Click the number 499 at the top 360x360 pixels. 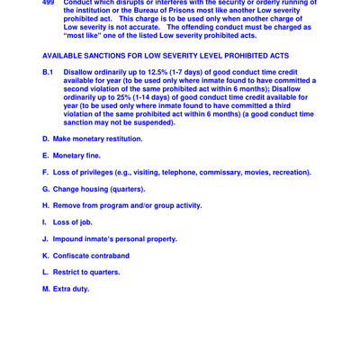(x=49, y=4)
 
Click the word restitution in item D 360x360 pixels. (x=121, y=139)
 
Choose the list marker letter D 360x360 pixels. (x=46, y=139)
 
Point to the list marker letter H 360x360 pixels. (x=46, y=205)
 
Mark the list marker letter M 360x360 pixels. (x=46, y=289)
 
